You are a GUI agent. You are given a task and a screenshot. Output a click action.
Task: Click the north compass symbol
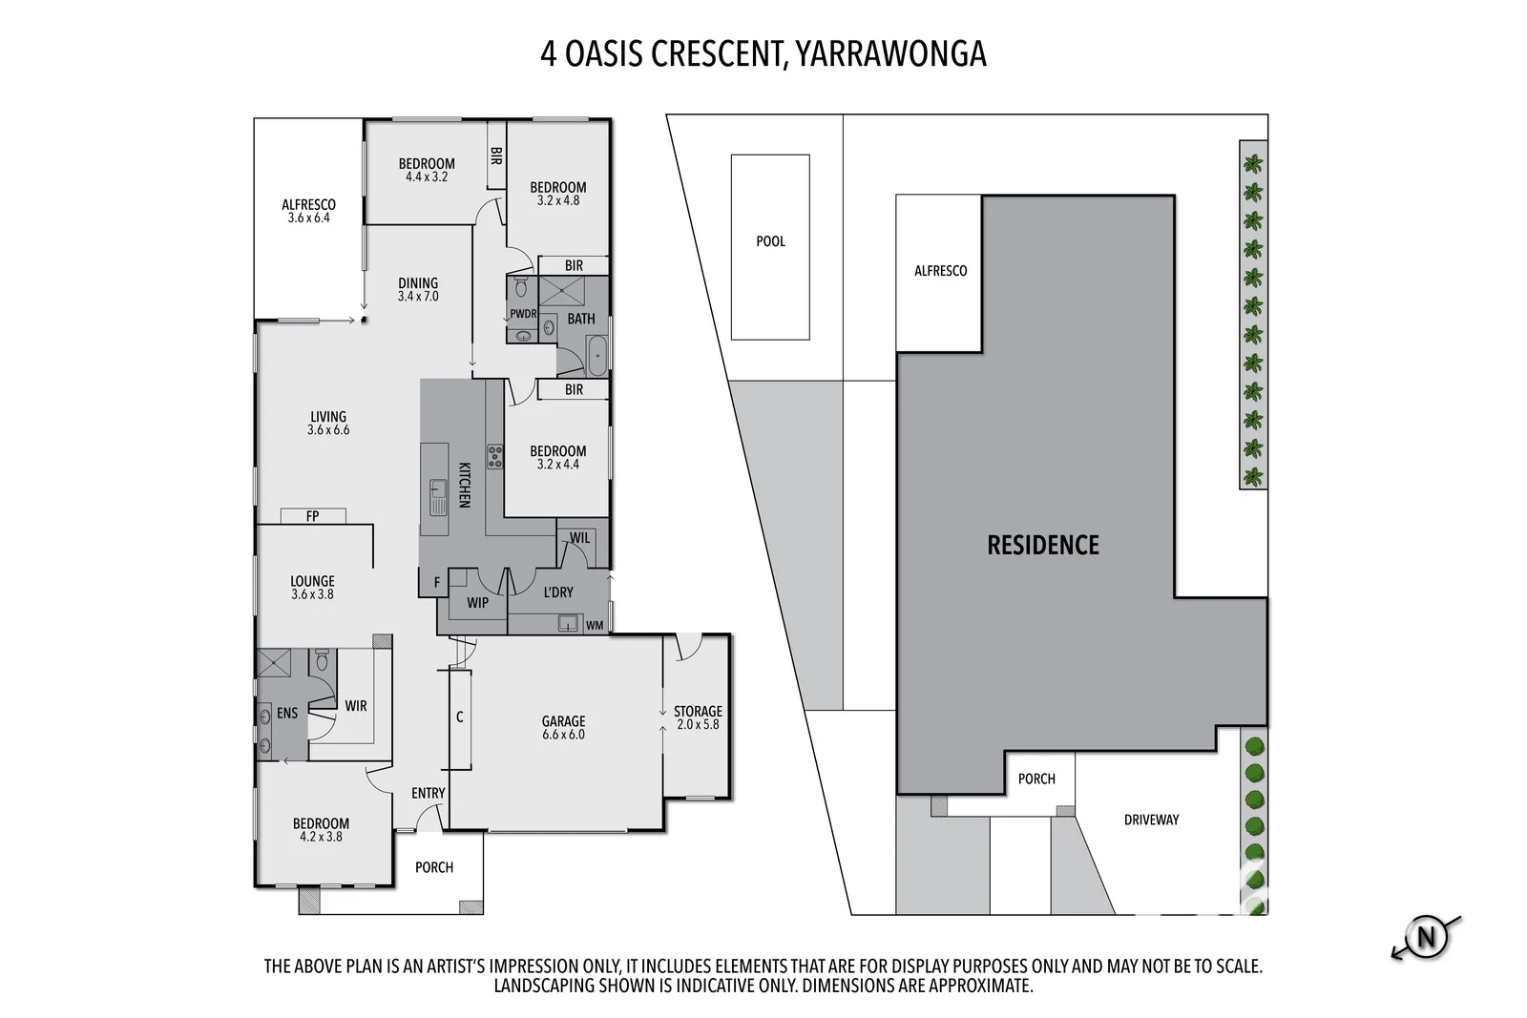[1426, 937]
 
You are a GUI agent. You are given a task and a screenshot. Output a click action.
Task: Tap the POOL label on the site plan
[770, 241]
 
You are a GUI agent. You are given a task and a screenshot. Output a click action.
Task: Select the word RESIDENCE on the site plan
[1042, 545]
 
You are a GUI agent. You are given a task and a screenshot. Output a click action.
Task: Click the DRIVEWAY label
[1151, 820]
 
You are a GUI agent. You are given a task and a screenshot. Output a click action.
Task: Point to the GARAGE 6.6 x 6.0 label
[563, 728]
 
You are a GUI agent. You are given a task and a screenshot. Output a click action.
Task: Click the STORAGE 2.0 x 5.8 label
[698, 717]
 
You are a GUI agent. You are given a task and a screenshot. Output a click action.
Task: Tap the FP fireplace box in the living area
[313, 516]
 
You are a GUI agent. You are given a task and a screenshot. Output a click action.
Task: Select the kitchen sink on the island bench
[437, 495]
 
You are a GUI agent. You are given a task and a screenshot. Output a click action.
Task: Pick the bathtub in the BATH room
[597, 356]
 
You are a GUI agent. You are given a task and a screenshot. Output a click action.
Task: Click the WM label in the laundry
[594, 626]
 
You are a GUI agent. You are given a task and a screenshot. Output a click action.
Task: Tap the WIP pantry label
[477, 603]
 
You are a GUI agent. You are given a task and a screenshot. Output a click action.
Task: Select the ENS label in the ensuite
[287, 713]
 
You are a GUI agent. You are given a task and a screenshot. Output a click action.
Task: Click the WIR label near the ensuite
[355, 706]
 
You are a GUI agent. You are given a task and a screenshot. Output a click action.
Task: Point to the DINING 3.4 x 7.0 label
[418, 289]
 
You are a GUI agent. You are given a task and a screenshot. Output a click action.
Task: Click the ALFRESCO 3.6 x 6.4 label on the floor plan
[308, 211]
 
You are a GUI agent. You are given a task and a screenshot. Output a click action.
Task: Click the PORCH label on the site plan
[1036, 779]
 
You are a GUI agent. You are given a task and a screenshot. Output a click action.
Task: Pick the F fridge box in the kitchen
[437, 582]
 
